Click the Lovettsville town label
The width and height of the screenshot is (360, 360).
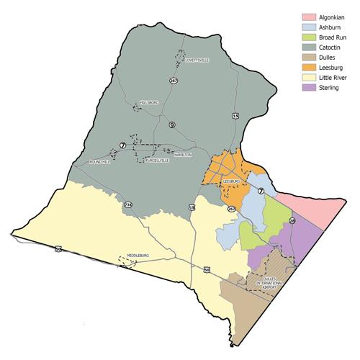(196, 61)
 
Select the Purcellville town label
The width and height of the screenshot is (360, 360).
(158, 161)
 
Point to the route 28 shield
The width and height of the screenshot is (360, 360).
(292, 220)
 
